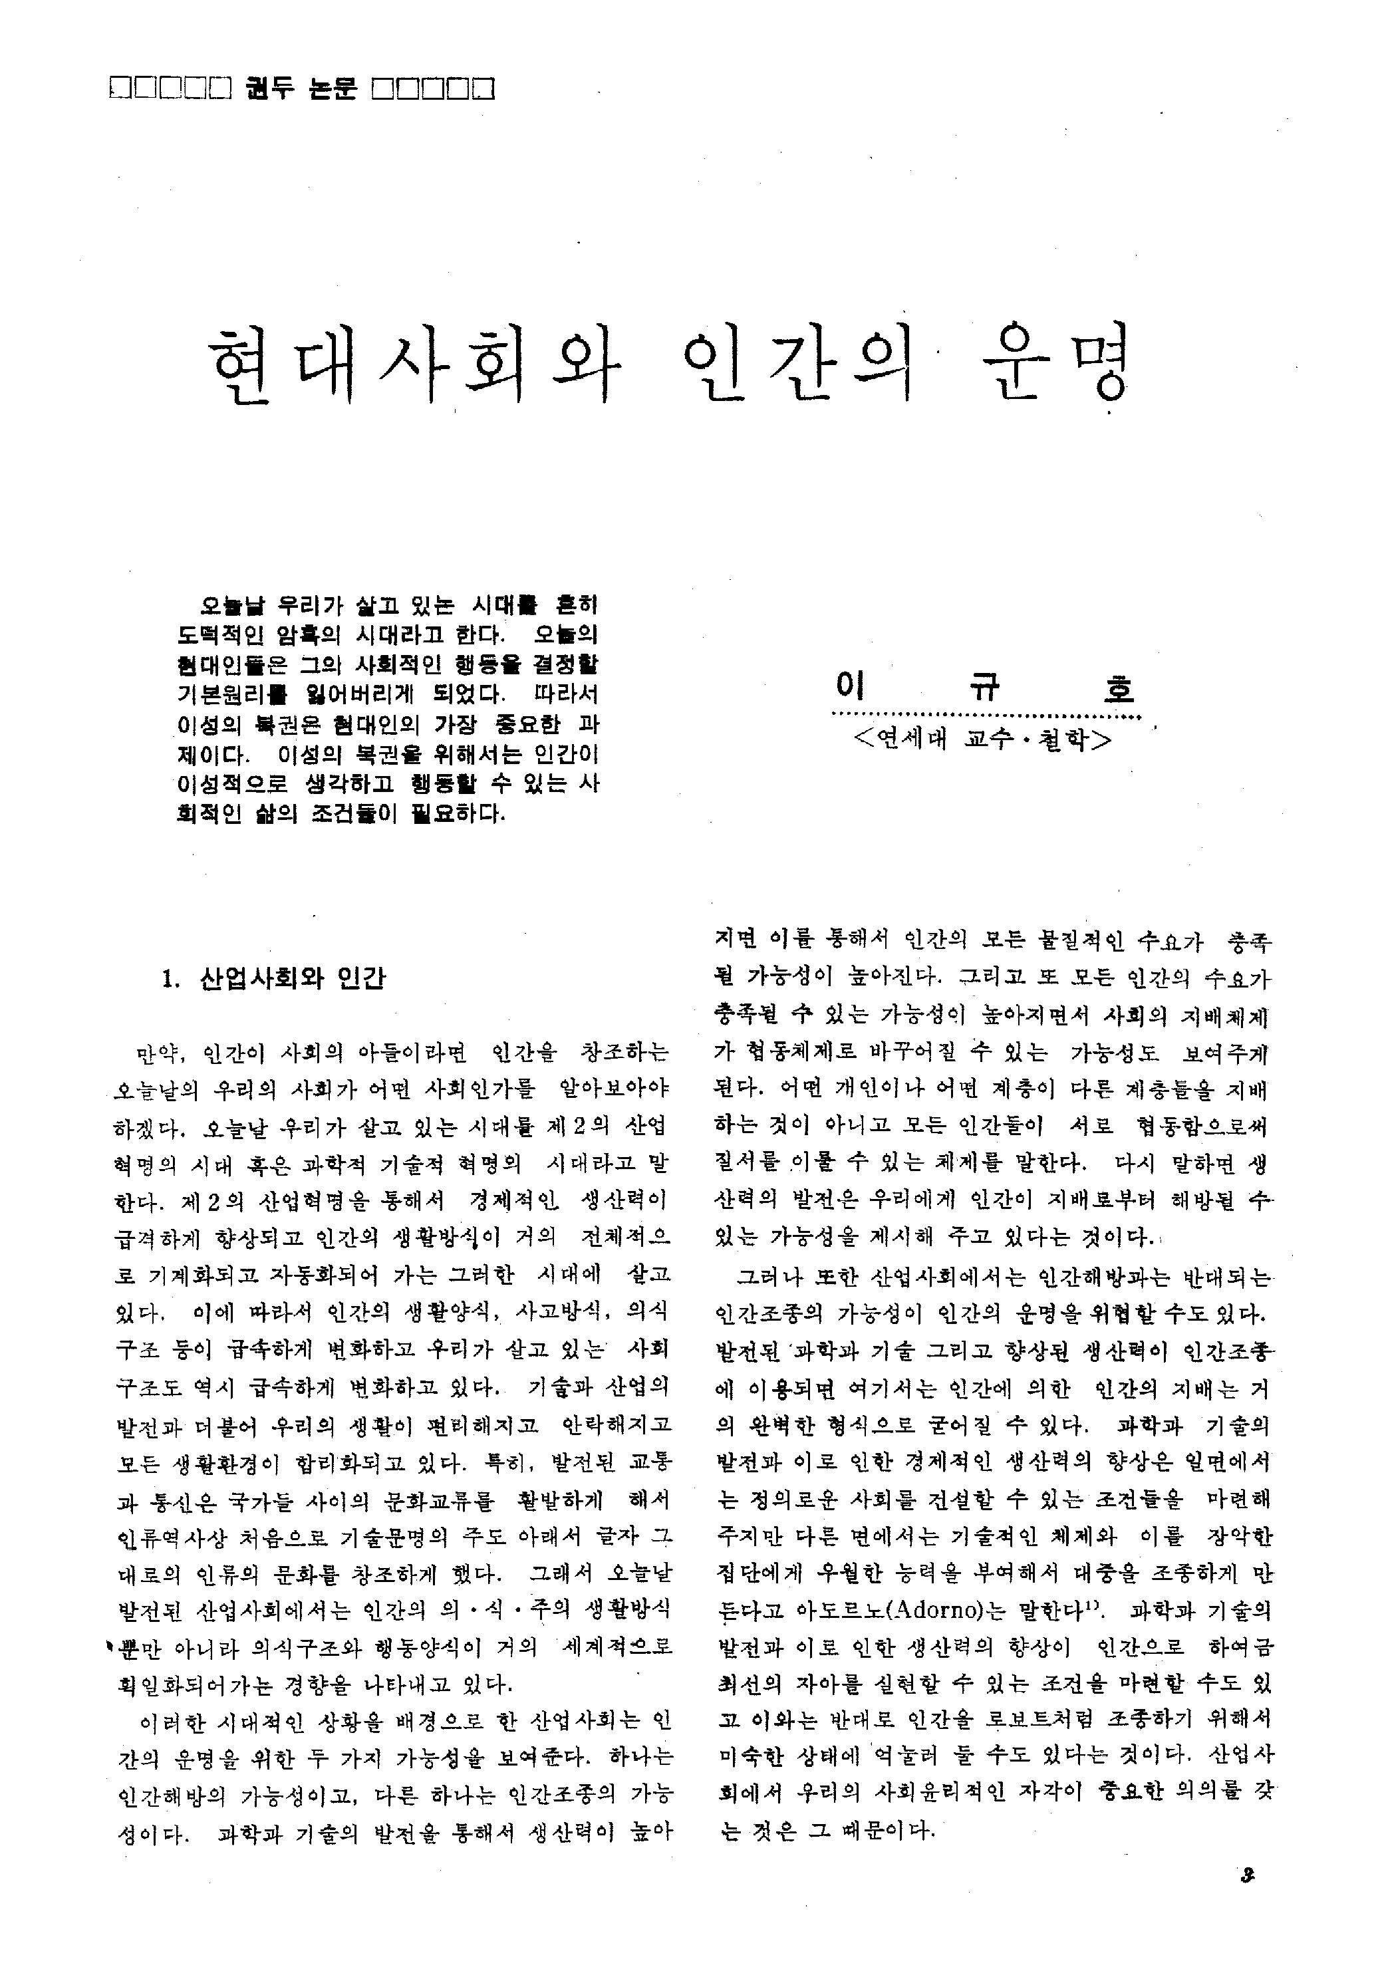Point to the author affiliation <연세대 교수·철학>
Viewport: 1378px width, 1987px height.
click(982, 739)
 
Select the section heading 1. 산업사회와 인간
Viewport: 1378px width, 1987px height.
click(274, 979)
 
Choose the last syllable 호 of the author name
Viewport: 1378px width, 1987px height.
click(1118, 688)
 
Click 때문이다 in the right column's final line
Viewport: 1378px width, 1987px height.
click(886, 1831)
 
